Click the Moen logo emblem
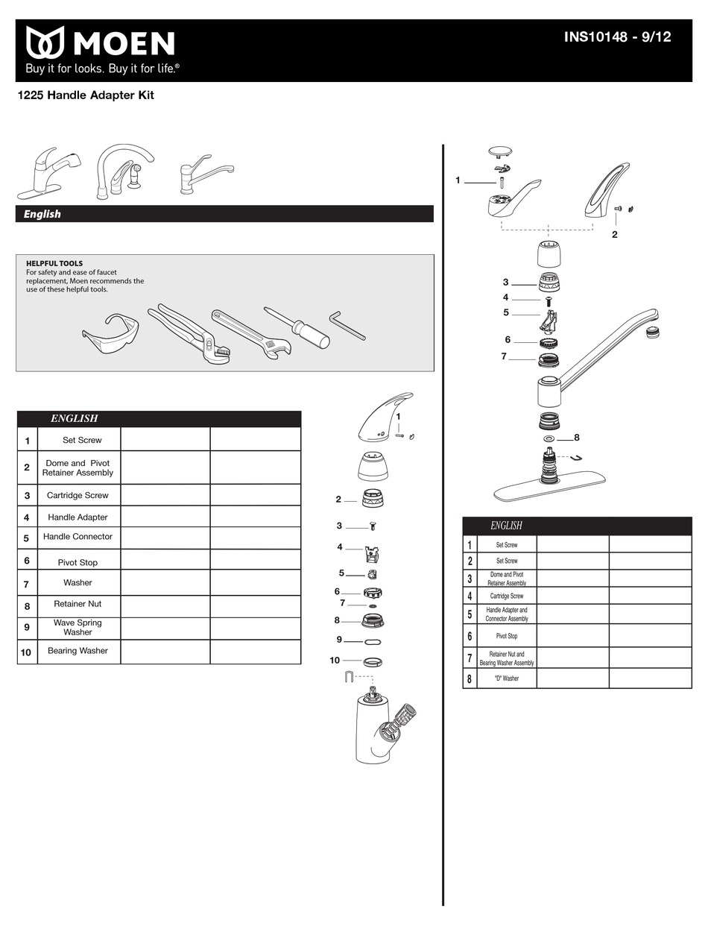click(x=45, y=43)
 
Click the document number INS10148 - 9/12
click(x=618, y=37)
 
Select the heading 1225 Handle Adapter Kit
click(x=85, y=95)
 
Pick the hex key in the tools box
click(x=347, y=325)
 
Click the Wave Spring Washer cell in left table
click(x=78, y=628)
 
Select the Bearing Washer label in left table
click(x=78, y=651)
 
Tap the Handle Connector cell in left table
click(x=78, y=537)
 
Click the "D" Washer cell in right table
click(x=506, y=678)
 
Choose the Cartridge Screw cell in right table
click(x=506, y=596)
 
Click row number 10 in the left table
click(x=26, y=652)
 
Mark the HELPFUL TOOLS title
click(x=54, y=263)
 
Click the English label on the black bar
click(x=42, y=214)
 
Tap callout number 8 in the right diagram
click(x=576, y=438)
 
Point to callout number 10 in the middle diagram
click(x=335, y=660)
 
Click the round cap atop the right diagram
click(x=502, y=152)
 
